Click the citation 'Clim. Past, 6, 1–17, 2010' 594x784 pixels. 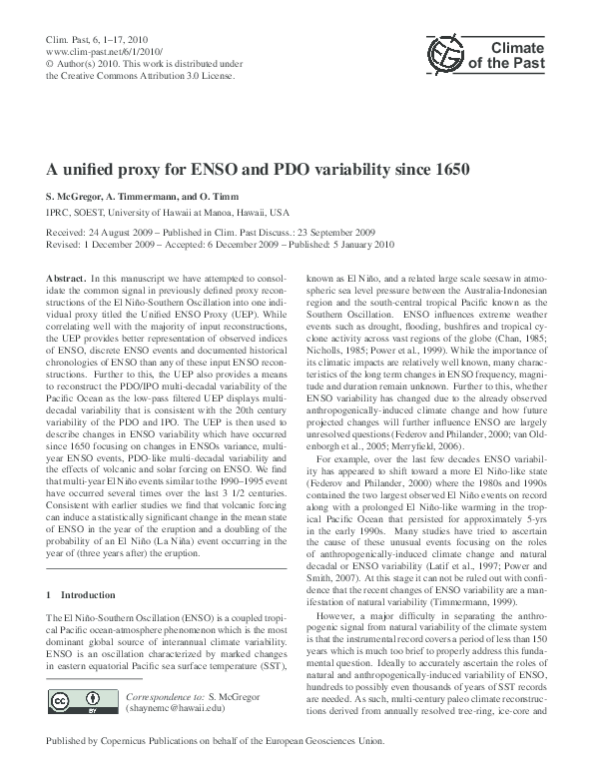94,37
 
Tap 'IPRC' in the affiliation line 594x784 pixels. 61,212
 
